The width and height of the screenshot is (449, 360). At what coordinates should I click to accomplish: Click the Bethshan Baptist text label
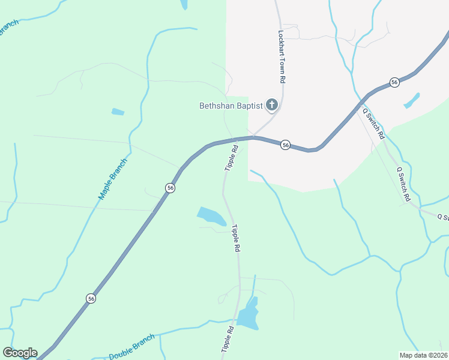[231, 106]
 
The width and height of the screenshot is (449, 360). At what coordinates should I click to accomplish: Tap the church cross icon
[271, 106]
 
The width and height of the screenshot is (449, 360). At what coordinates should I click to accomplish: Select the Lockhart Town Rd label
[281, 56]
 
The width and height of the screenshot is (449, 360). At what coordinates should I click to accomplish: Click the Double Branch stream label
[131, 347]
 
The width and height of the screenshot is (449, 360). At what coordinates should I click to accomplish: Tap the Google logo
[20, 353]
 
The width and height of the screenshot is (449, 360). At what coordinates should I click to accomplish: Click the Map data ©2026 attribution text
[423, 355]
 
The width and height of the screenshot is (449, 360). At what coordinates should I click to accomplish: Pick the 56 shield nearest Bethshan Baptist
[286, 145]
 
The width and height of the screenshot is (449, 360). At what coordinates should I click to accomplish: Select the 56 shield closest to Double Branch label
[91, 298]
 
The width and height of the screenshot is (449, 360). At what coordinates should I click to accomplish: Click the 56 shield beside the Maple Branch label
[170, 188]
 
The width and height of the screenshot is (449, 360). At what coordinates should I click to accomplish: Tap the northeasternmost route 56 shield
[394, 82]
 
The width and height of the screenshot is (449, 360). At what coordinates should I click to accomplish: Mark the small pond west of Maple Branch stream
[118, 112]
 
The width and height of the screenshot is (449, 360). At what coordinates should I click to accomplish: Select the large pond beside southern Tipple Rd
[248, 314]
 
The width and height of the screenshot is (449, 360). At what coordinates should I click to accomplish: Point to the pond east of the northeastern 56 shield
[412, 100]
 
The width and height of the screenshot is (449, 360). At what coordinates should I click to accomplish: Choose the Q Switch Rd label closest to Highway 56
[373, 124]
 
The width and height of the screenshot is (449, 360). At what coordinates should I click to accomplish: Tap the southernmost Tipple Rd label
[227, 339]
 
